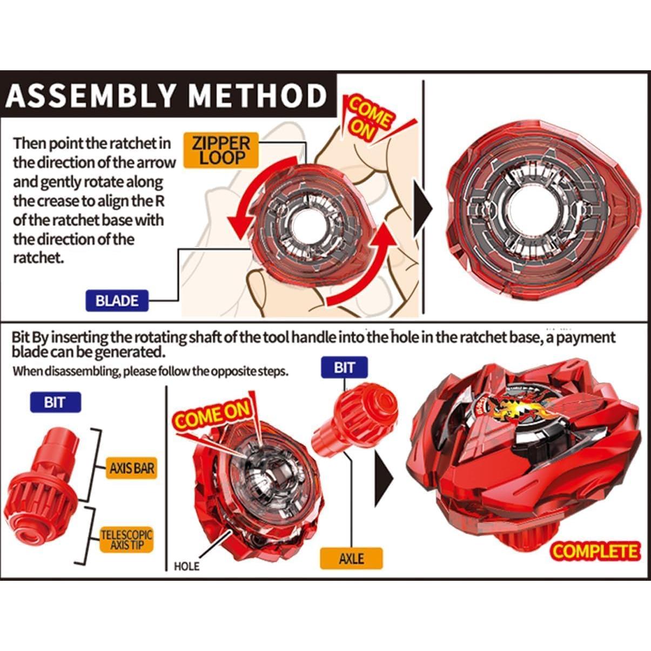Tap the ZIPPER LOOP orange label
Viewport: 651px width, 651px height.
click(222, 151)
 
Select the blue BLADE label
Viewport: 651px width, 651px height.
click(117, 300)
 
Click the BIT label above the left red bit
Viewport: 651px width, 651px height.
click(54, 402)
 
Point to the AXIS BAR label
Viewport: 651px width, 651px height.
click(131, 468)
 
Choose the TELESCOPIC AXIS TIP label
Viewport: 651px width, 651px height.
click(127, 540)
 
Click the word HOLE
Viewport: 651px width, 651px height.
click(186, 566)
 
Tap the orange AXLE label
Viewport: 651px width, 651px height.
click(351, 558)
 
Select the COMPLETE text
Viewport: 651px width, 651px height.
click(595, 551)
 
